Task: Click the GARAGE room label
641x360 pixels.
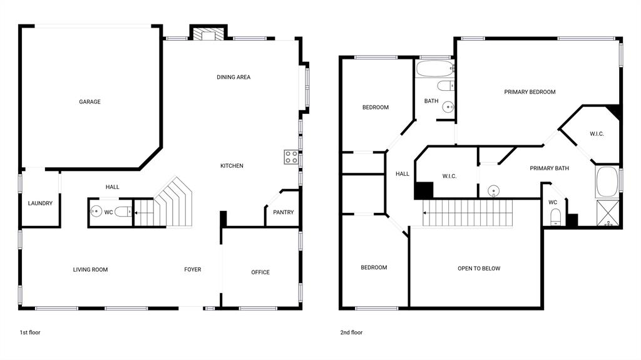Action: click(x=90, y=102)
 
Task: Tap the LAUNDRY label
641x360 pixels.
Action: click(x=40, y=203)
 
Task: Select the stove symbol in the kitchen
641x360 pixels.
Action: click(x=291, y=157)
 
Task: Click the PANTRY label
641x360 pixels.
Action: click(x=284, y=212)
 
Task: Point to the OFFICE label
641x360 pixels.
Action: click(x=260, y=272)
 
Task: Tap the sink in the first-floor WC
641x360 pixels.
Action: click(x=96, y=212)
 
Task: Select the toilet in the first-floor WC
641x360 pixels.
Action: click(x=124, y=212)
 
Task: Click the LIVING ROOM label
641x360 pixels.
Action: click(x=91, y=270)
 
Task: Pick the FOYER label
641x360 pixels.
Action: click(x=193, y=270)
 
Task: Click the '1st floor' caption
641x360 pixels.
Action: click(x=29, y=332)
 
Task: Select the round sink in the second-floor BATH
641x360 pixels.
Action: click(x=448, y=107)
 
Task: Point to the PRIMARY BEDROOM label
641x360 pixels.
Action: click(x=530, y=92)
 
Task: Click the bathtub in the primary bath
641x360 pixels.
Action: click(x=607, y=182)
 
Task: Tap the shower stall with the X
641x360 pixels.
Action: click(x=607, y=213)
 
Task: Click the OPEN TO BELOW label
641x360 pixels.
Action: click(x=479, y=269)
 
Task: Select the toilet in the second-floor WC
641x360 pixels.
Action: click(x=555, y=217)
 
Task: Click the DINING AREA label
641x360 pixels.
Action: click(x=233, y=78)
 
